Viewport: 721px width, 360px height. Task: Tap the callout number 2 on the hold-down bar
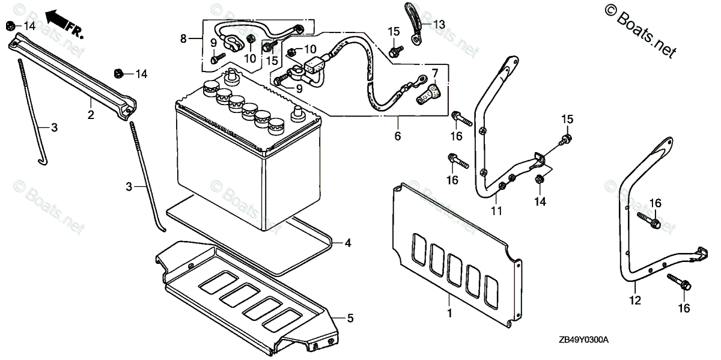(x=91, y=115)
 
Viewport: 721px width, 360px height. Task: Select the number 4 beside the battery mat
(x=348, y=243)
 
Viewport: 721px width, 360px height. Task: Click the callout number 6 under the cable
(x=397, y=136)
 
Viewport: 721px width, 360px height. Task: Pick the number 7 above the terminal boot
(x=435, y=73)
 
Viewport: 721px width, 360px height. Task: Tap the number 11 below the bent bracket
(x=496, y=210)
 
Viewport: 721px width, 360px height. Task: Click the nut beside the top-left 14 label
(x=11, y=25)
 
